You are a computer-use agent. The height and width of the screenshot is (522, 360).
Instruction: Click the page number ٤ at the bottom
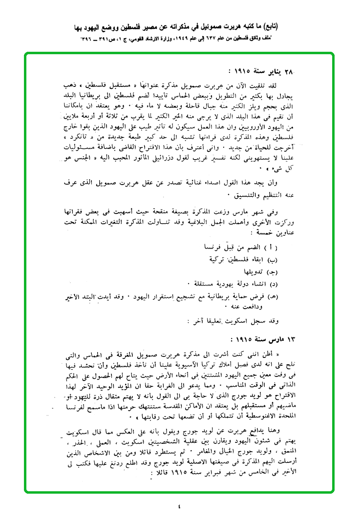tap(180, 506)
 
